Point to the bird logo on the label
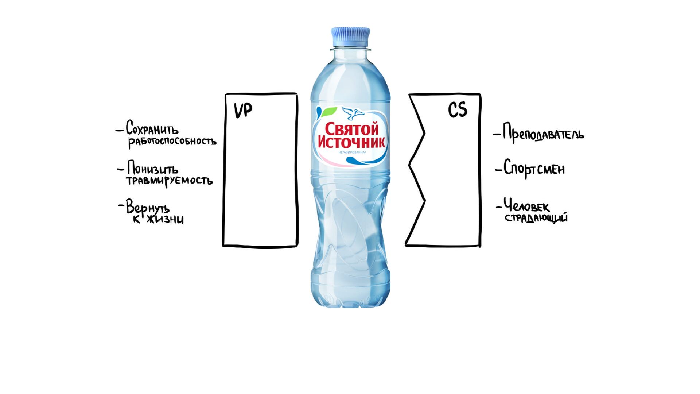pyautogui.click(x=353, y=113)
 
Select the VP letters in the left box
pyautogui.click(x=243, y=110)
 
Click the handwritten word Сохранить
pyautogui.click(x=152, y=128)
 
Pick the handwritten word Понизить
pyautogui.click(x=153, y=169)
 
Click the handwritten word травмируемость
pyautogui.click(x=169, y=181)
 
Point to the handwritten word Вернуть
pyautogui.click(x=148, y=208)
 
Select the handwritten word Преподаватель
pyautogui.click(x=543, y=134)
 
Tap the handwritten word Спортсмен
pyautogui.click(x=534, y=169)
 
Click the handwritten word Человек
pyautogui.click(x=526, y=206)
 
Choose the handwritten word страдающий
pyautogui.click(x=536, y=218)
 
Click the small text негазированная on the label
pyautogui.click(x=352, y=152)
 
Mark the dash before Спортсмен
pyautogui.click(x=498, y=170)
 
